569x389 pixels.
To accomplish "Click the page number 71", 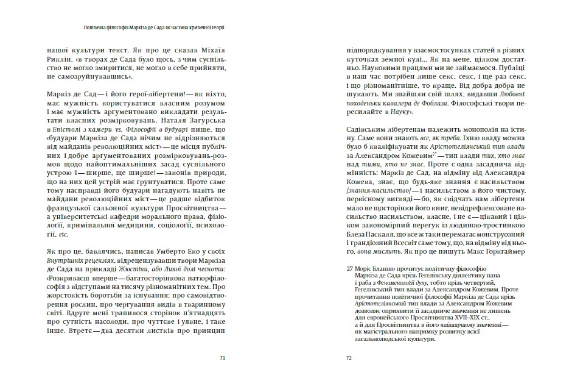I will point(223,358).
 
